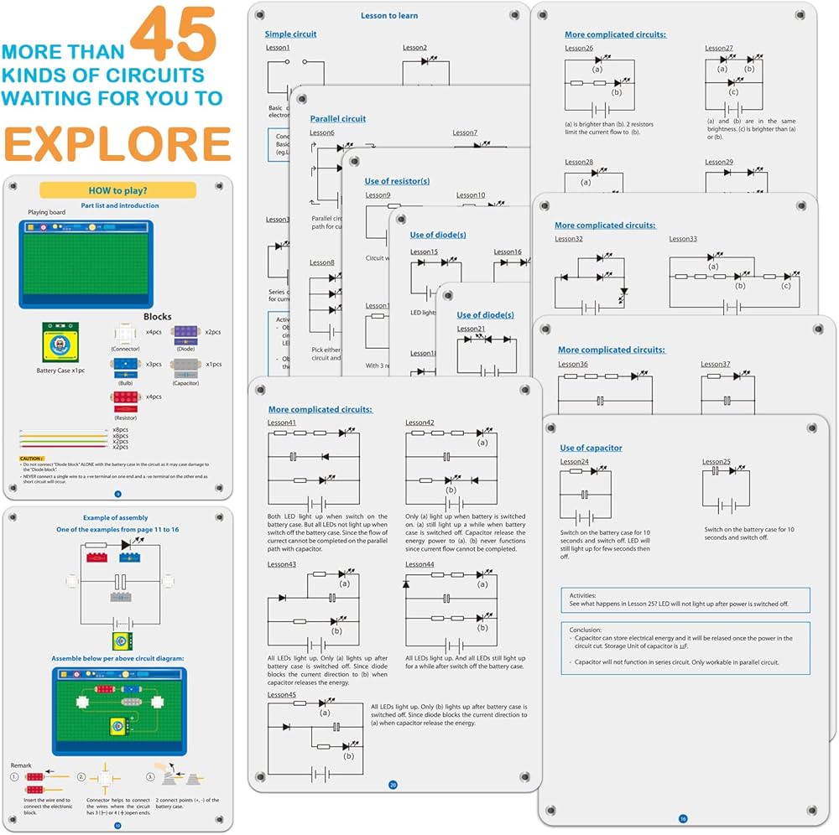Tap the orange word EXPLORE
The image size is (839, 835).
117,144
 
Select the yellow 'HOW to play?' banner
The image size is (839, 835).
117,190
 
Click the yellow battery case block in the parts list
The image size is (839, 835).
57,343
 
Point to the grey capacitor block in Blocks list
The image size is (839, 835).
185,367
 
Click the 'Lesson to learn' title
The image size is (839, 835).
389,16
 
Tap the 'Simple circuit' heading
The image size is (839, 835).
290,34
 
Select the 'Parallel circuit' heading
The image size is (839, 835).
338,119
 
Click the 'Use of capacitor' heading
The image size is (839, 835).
591,448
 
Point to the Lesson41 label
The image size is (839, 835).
282,423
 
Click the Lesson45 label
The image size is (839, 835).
282,695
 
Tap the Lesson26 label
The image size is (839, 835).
579,48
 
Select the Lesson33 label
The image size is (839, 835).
683,239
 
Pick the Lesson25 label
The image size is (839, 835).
717,462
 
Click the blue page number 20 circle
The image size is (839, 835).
393,786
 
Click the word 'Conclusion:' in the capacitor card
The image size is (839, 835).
585,630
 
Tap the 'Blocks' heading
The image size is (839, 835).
157,317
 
